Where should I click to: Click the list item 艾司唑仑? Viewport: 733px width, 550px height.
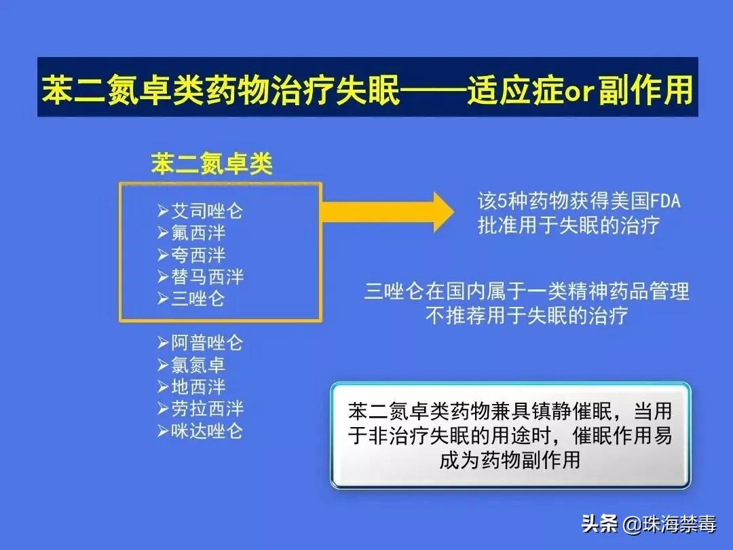coord(206,211)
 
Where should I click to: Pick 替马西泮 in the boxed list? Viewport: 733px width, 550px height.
coord(206,277)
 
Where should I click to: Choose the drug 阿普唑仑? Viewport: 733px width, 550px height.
coord(206,343)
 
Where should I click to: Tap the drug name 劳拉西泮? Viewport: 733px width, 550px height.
coord(206,409)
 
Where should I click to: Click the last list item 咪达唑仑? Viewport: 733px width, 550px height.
coord(206,431)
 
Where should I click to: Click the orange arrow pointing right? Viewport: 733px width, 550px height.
coord(387,211)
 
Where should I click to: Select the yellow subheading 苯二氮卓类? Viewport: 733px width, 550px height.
coord(211,164)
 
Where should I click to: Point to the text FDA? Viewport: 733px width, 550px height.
coord(665,202)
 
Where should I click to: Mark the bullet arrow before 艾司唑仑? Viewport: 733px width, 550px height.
coord(162,211)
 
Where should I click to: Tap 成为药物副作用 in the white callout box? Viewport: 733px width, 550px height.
coord(510,460)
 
